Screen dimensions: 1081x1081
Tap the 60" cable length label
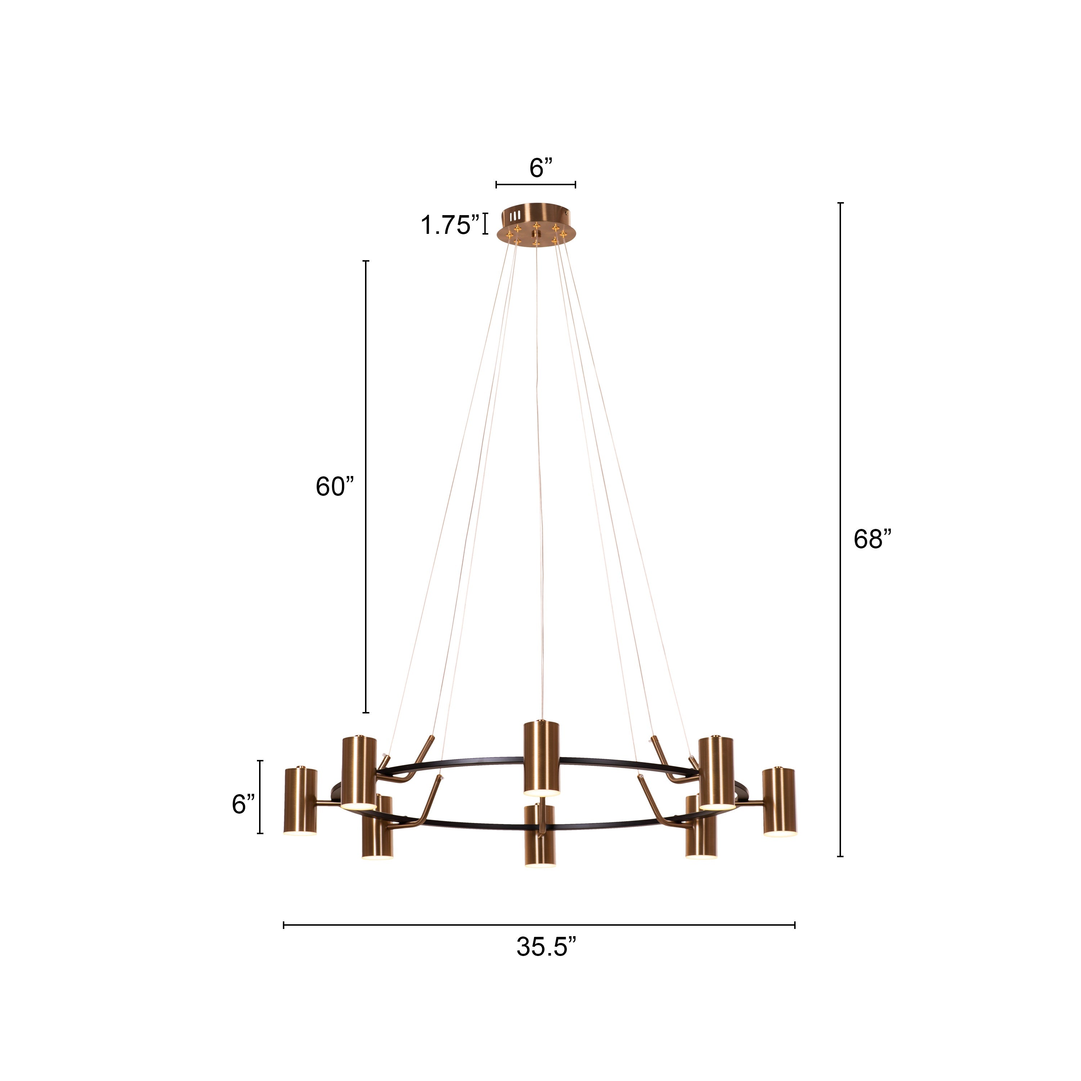pyautogui.click(x=335, y=487)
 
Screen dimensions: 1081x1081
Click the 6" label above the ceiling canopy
pyautogui.click(x=540, y=168)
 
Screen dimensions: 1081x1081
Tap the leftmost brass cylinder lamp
pyautogui.click(x=301, y=801)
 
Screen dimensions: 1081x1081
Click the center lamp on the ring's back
pyautogui.click(x=541, y=757)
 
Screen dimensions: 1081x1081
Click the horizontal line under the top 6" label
pyautogui.click(x=535, y=184)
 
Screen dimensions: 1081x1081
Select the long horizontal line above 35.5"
pyautogui.click(x=539, y=925)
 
